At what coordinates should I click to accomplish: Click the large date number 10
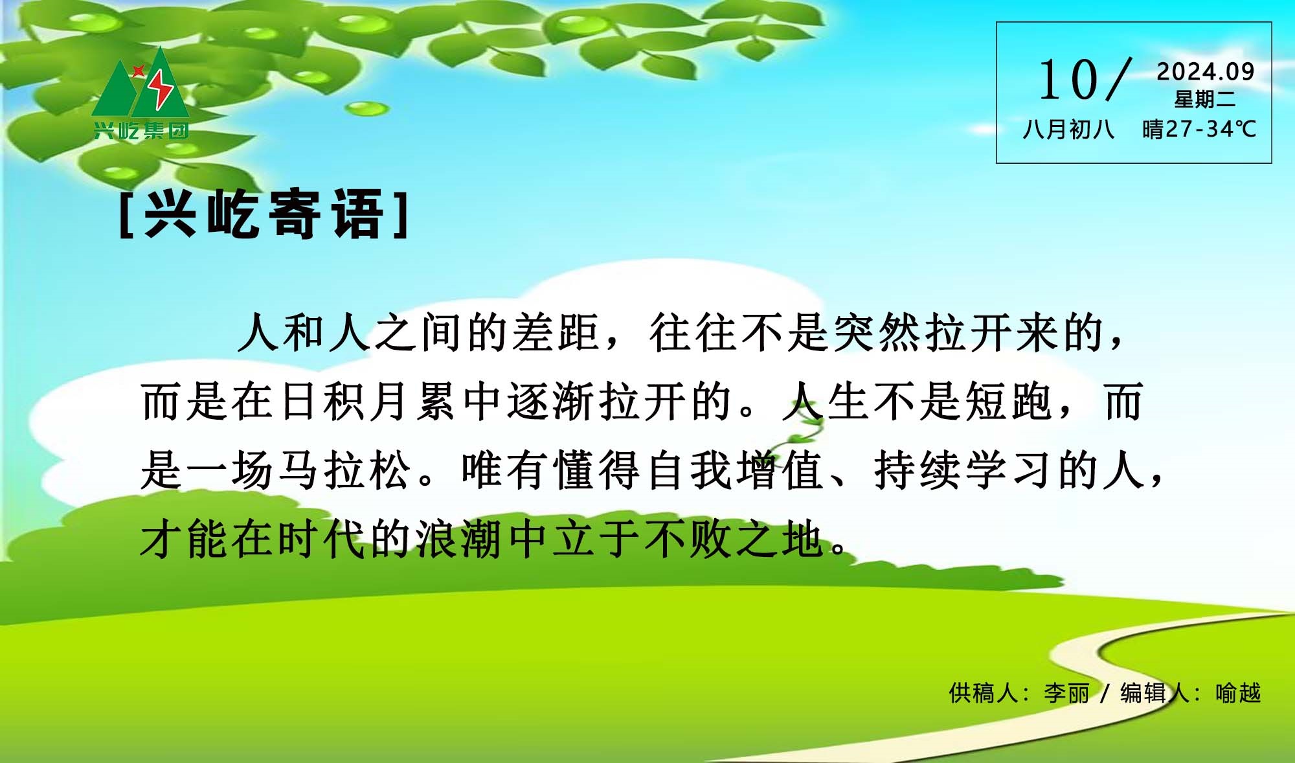coord(1068,80)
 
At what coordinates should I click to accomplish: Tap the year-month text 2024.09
coord(1206,71)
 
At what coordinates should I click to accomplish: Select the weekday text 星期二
coord(1205,99)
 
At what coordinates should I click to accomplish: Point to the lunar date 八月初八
coord(1069,129)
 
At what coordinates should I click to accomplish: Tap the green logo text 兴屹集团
coord(141,131)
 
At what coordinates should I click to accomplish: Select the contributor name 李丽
coord(1066,693)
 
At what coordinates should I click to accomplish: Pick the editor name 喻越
coord(1238,693)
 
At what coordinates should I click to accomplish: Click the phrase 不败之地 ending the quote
coord(735,539)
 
